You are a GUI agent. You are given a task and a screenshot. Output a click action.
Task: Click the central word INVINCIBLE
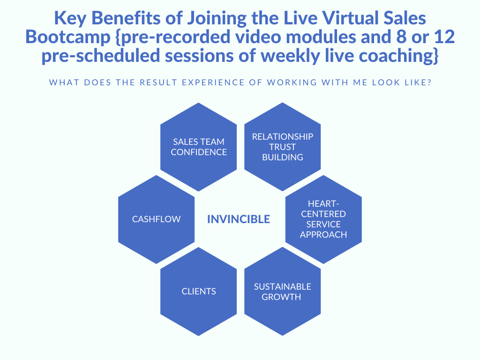(239, 219)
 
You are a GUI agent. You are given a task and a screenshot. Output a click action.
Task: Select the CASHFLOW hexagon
(157, 219)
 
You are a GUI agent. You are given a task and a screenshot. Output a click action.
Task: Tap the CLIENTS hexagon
(199, 292)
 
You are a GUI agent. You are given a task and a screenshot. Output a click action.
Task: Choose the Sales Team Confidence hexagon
(199, 147)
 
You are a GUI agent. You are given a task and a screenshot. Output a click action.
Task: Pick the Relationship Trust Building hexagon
(283, 147)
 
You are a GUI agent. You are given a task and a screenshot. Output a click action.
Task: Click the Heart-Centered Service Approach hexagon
(323, 219)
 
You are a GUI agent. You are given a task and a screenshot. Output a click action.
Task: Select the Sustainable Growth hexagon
(283, 292)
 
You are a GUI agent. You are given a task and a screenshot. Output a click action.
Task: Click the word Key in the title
(70, 19)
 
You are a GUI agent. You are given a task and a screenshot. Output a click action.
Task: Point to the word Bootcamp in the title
(67, 37)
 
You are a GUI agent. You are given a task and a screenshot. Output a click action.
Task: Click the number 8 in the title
(401, 37)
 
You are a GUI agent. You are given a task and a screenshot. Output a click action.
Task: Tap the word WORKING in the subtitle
(292, 82)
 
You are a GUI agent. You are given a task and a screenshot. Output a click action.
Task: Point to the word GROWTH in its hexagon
(281, 297)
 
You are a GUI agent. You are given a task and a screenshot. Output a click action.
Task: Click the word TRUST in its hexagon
(283, 147)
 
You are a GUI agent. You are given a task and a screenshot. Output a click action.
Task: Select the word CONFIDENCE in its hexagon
(199, 152)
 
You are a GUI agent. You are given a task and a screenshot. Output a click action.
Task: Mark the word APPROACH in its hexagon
(323, 234)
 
